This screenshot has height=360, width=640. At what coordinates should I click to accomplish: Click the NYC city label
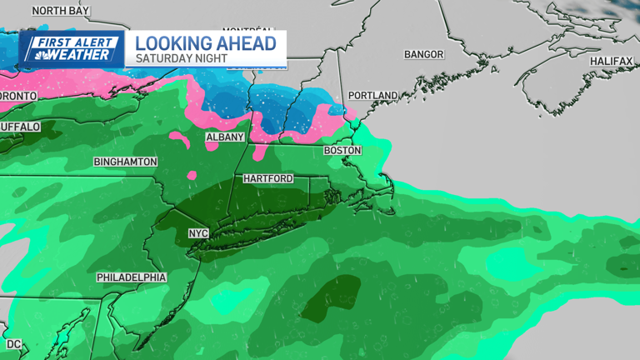(197, 233)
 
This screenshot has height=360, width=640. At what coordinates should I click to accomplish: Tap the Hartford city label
(267, 179)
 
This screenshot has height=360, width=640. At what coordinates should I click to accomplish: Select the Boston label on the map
(342, 151)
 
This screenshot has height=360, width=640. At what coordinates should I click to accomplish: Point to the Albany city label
(225, 137)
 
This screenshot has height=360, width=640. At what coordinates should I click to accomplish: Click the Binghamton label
(125, 161)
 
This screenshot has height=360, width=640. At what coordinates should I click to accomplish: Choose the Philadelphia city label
(131, 277)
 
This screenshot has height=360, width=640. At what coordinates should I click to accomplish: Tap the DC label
(13, 343)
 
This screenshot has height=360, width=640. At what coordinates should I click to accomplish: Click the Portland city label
(372, 96)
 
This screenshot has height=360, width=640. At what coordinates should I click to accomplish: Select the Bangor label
(425, 54)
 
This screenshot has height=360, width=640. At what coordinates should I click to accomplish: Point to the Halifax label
(611, 62)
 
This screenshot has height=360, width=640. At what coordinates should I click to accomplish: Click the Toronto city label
(17, 97)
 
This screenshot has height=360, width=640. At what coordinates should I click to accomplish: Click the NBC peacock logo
(36, 55)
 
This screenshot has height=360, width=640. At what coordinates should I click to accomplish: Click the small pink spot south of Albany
(192, 175)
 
